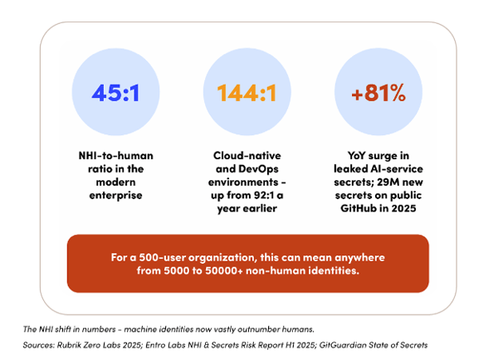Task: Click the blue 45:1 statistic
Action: pos(115,93)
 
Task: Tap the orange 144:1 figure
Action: pos(247,93)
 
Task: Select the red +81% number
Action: pos(378,93)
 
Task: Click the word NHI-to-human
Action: pos(115,156)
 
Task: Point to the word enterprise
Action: pos(115,195)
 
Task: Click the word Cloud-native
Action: pos(247,156)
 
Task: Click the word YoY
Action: pos(356,156)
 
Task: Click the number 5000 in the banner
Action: pos(176,270)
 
